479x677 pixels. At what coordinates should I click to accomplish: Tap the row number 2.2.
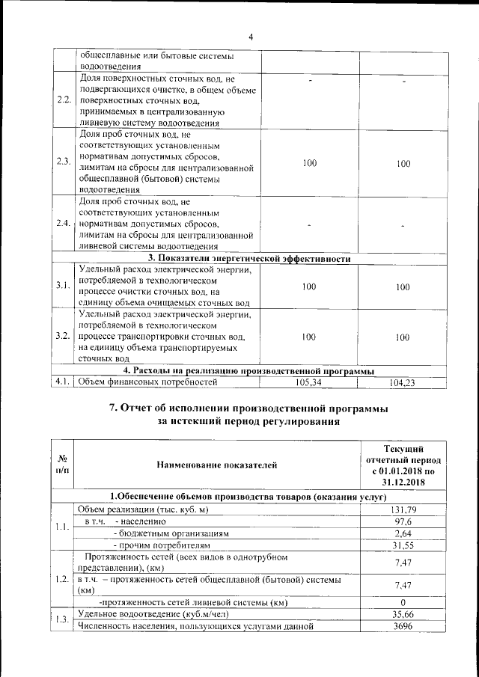point(64,100)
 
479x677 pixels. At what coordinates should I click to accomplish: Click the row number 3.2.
point(64,337)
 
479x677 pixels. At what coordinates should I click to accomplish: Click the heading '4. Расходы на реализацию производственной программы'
point(249,370)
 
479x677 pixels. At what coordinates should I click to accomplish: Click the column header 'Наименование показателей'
point(216,465)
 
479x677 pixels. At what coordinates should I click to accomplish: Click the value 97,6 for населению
point(403,521)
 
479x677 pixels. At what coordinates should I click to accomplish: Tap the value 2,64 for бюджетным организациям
point(403,533)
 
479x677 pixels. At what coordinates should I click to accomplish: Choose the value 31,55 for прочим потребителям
point(403,545)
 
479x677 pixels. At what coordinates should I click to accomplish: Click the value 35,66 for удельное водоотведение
point(403,614)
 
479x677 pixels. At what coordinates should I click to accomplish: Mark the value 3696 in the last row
point(403,626)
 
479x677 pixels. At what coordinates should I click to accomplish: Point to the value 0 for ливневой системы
point(403,602)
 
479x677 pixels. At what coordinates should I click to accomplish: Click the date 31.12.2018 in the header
point(403,481)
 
